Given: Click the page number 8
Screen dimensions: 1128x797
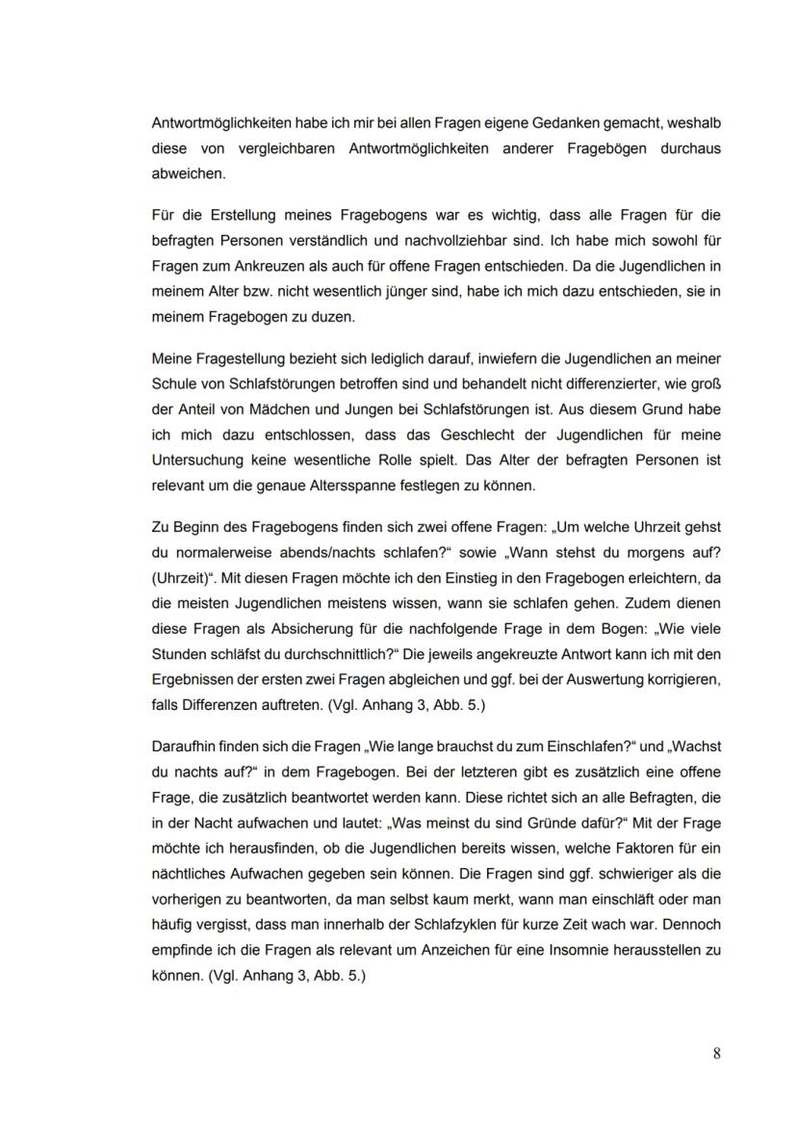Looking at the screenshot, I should pos(716,1053).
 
